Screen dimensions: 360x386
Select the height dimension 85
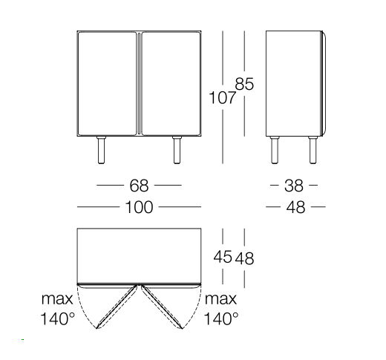[244, 84]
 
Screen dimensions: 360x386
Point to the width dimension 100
[139, 207]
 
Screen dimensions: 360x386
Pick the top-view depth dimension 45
[222, 258]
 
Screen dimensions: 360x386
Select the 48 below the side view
[295, 207]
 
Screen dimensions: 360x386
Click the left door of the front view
[108, 83]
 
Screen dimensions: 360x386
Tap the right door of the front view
[170, 83]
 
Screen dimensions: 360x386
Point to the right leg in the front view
[177, 150]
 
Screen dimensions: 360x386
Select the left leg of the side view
[276, 150]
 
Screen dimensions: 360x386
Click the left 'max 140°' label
[57, 310]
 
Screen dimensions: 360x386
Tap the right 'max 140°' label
[221, 310]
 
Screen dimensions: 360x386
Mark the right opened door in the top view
[160, 306]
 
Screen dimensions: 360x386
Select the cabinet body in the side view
[292, 83]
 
